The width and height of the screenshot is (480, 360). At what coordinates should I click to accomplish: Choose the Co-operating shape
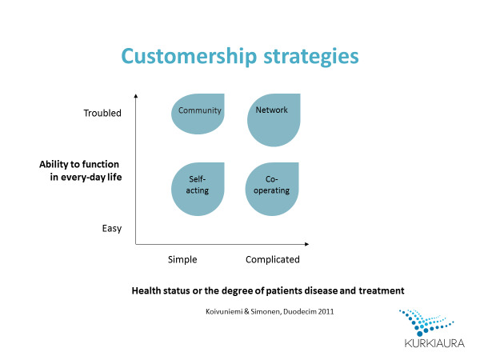point(272,190)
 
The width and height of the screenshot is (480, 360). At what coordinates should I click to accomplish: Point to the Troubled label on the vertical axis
point(102,114)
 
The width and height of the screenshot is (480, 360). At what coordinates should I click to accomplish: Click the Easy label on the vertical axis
point(112,229)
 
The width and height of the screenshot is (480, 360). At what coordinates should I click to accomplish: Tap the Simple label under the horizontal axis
point(182,259)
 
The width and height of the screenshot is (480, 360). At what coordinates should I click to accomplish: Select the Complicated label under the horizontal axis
point(272,259)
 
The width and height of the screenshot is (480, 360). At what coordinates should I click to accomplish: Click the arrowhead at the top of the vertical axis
point(136,97)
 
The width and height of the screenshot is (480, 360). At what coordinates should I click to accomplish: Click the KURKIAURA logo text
point(427,344)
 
